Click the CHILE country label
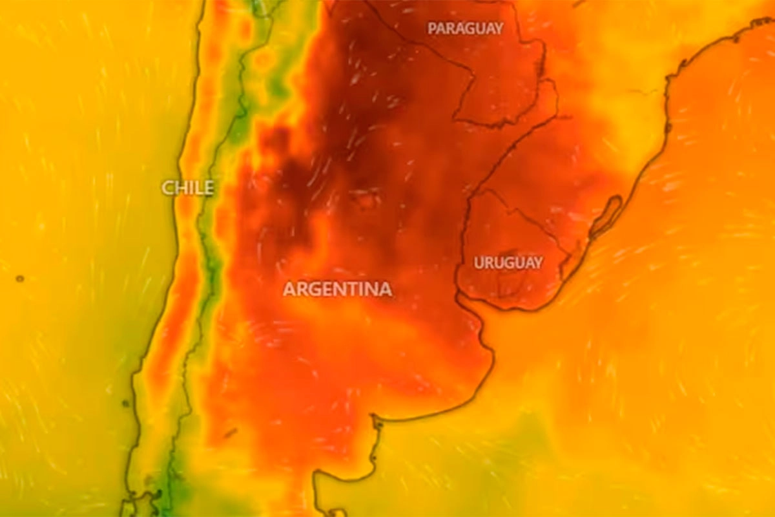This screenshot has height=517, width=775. point(187,188)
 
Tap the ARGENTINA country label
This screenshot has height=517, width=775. point(337,289)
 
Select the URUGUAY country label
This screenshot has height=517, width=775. point(508,263)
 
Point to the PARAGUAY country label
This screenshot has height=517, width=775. point(465,28)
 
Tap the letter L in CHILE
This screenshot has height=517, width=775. point(197,188)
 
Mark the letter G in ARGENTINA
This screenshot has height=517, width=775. point(315,289)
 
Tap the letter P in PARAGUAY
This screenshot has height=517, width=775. point(431,28)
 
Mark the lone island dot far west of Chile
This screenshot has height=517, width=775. point(19,279)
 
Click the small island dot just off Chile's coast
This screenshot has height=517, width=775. point(125,403)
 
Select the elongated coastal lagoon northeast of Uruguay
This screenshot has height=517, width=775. point(607,216)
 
